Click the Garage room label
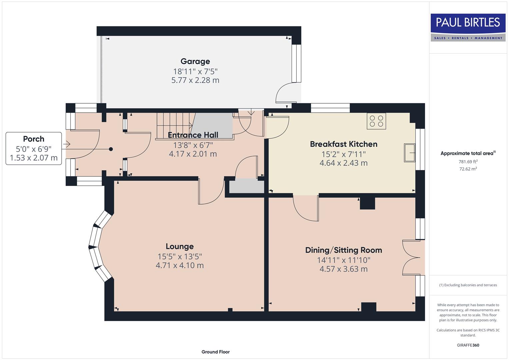pyautogui.click(x=195, y=61)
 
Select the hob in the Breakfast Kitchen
pyautogui.click(x=376, y=121)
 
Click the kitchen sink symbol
pyautogui.click(x=410, y=153)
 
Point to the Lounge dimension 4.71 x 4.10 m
pyautogui.click(x=180, y=265)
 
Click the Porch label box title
pyautogui.click(x=34, y=139)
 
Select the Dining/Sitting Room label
pyautogui.click(x=343, y=250)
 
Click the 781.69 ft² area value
pyautogui.click(x=468, y=162)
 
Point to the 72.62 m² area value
pyautogui.click(x=468, y=169)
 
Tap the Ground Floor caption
pyautogui.click(x=215, y=352)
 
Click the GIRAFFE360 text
pyautogui.click(x=468, y=345)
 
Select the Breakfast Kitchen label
pyautogui.click(x=343, y=144)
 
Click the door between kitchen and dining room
pyautogui.click(x=305, y=208)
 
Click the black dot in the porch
pyautogui.click(x=111, y=149)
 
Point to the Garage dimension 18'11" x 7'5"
pyautogui.click(x=195, y=71)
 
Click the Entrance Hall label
pyautogui.click(x=193, y=135)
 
